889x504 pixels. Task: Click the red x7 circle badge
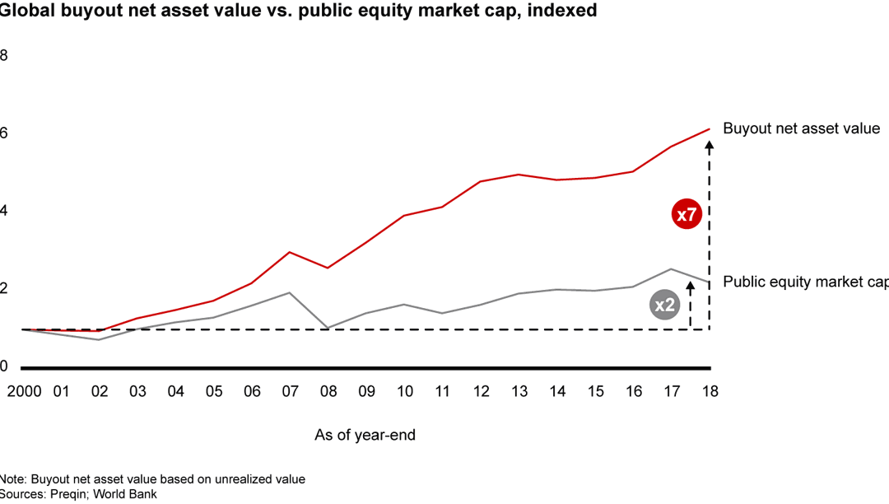686,215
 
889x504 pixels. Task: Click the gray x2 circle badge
663,306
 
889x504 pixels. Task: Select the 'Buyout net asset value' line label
801,128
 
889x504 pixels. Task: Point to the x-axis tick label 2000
24,391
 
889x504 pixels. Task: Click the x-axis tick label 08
328,391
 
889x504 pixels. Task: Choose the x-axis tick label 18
710,391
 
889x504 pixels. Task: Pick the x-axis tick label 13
519,391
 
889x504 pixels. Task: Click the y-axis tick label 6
4,133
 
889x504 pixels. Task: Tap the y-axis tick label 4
4,211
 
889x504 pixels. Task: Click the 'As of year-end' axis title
365,435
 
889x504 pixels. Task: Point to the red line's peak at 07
290,252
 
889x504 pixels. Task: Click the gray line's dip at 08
328,328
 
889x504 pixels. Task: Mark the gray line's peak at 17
672,268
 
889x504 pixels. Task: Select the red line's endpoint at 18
710,128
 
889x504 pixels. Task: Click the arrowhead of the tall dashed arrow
710,145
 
